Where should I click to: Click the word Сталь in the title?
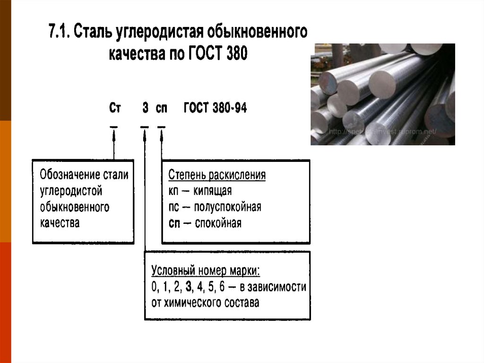tap(95, 33)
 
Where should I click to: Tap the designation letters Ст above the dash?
tap(115, 108)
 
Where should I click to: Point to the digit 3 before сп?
tap(145, 108)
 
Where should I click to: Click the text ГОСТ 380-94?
tap(215, 108)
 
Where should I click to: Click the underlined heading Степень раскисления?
tap(217, 175)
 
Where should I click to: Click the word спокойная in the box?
tap(220, 223)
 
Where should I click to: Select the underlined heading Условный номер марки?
tap(206, 271)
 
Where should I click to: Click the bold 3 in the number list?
tap(189, 287)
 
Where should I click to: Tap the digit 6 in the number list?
tap(222, 287)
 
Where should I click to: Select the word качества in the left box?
tap(60, 223)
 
